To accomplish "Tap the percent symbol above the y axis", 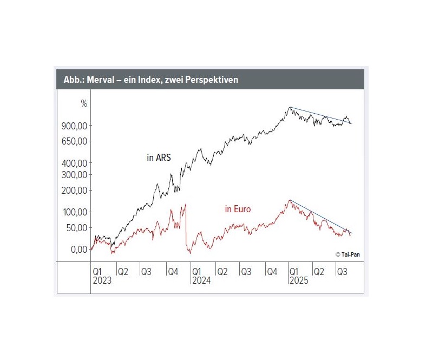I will pos(84,103).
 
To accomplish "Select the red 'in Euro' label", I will pos(238,209).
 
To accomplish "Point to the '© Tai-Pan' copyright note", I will pos(346,254).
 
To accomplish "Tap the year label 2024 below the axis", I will pos(201,280).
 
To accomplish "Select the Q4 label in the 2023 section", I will pos(172,271).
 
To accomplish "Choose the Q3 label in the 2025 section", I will pos(342,271).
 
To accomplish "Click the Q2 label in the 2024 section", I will pos(221,271).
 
